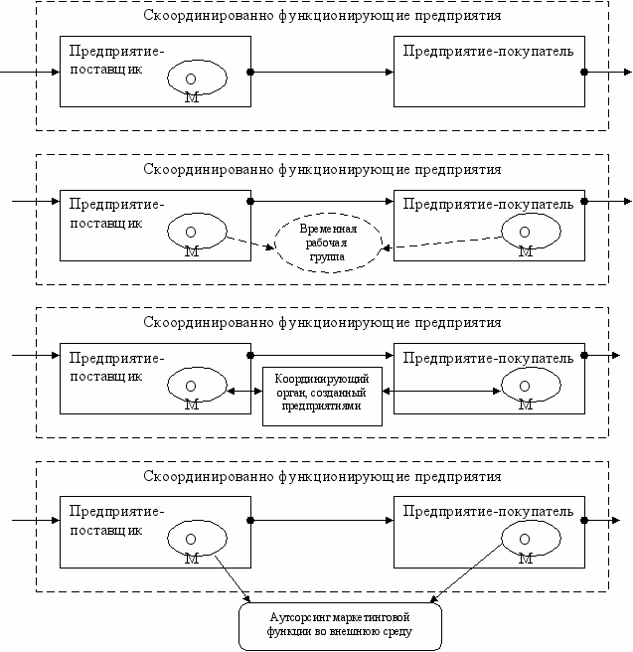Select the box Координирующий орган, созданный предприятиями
pyautogui.click(x=322, y=397)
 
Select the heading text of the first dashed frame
pyautogui.click(x=322, y=16)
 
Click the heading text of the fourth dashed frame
pyautogui.click(x=322, y=476)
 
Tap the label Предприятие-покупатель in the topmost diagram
pyautogui.click(x=488, y=51)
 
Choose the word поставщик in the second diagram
pyautogui.click(x=106, y=224)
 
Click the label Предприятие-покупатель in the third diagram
pyautogui.click(x=488, y=358)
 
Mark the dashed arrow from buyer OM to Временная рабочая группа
pyautogui.click(x=442, y=243)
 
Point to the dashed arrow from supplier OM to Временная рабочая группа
pyautogui.click(x=249, y=243)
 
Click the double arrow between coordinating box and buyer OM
pyautogui.click(x=441, y=391)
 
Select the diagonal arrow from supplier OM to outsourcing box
pyautogui.click(x=233, y=578)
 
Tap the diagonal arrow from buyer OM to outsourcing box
pyautogui.click(x=466, y=573)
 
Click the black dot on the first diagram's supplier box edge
pyautogui.click(x=250, y=72)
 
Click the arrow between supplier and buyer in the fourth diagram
pyautogui.click(x=322, y=520)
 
